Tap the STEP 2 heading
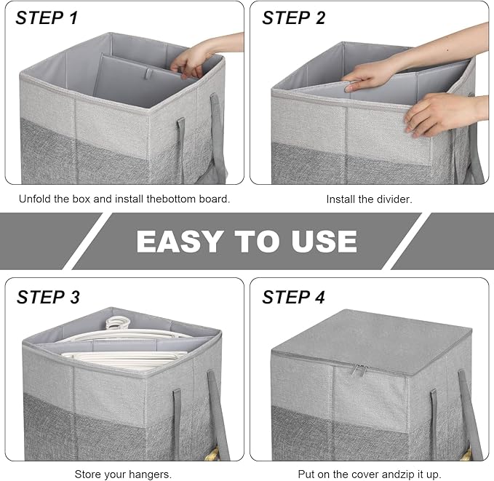[x=294, y=17]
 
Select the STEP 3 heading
[x=48, y=297]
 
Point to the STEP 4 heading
[x=295, y=297]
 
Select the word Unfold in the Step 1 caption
[x=35, y=199]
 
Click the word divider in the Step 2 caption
[x=394, y=199]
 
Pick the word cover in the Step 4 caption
[x=356, y=474]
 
